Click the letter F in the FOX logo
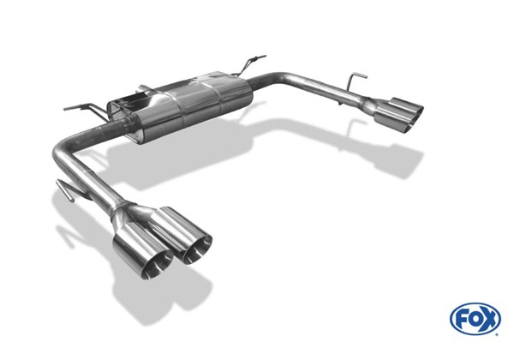click(463, 318)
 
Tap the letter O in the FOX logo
click(475, 318)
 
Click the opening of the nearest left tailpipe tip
click(157, 265)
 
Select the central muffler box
click(180, 105)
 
